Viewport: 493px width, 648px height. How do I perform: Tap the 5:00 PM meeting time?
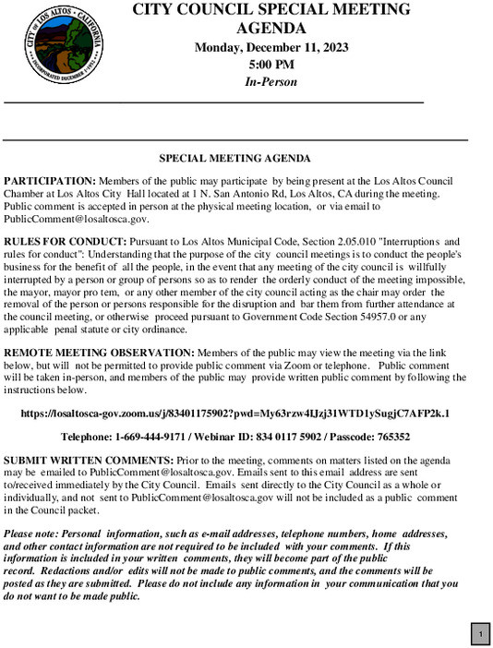[x=271, y=66]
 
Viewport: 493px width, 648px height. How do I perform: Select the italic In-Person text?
[x=271, y=82]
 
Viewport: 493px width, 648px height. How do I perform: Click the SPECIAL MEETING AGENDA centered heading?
[x=234, y=159]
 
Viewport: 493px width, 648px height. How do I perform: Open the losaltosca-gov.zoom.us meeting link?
[x=246, y=414]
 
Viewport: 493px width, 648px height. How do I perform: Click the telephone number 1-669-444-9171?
[x=151, y=437]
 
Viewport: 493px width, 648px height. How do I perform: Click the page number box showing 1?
[x=480, y=634]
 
